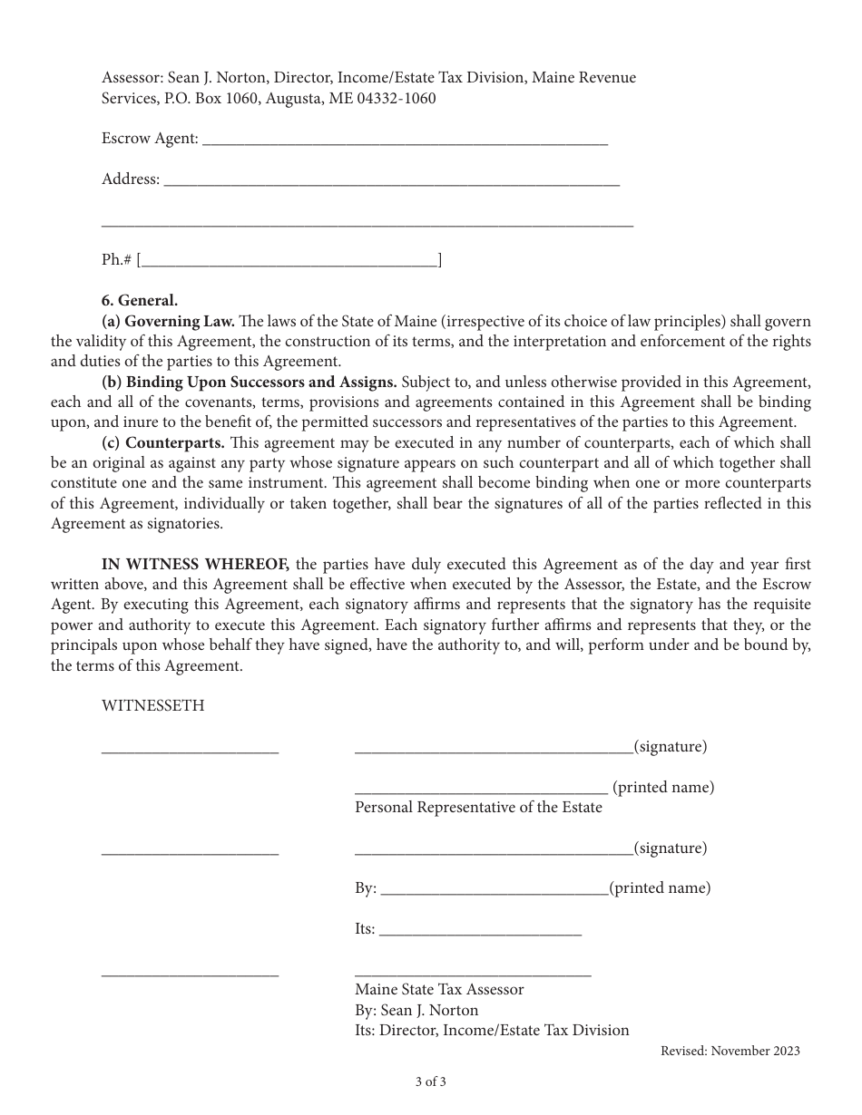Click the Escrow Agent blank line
point(405,141)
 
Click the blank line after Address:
point(390,181)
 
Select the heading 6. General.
point(140,301)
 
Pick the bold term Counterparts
point(164,442)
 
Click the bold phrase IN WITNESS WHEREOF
point(196,564)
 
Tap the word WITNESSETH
point(152,705)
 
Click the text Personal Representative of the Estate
point(478,807)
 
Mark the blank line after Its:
point(479,931)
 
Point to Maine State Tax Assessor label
point(439,990)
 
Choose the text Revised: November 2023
point(730,1052)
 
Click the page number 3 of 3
point(431,1081)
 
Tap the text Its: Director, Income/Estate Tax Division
point(492,1030)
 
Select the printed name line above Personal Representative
point(481,790)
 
